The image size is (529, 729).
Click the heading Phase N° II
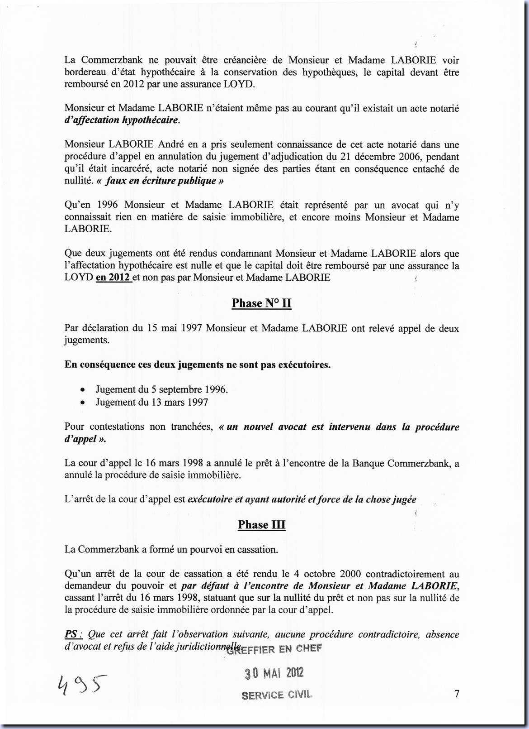(x=261, y=303)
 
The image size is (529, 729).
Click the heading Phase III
(x=261, y=525)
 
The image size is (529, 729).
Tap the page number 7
(x=457, y=693)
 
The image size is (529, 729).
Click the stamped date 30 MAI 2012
(x=274, y=673)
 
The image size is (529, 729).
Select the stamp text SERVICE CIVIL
(x=277, y=695)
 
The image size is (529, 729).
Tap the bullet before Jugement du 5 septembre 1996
(x=82, y=390)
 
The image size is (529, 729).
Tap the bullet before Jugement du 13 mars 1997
(x=82, y=403)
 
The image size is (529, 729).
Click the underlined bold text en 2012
(x=113, y=278)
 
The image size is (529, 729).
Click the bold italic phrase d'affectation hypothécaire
(x=122, y=120)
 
